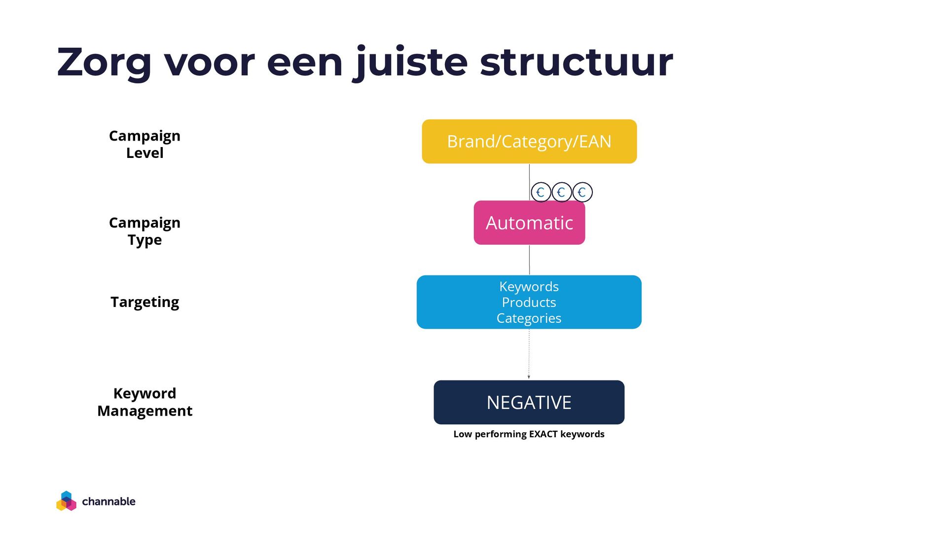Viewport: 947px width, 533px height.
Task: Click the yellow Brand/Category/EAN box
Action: (529, 142)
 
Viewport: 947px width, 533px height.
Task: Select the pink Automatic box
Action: (529, 223)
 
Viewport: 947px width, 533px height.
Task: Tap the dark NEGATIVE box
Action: (529, 402)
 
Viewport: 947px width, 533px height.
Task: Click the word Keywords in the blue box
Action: (529, 286)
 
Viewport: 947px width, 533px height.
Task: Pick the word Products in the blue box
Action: (529, 302)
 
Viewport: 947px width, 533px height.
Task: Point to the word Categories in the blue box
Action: (529, 318)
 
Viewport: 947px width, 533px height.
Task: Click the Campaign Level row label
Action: (145, 144)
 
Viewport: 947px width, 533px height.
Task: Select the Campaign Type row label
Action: (145, 231)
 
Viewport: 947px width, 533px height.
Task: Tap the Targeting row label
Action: (145, 302)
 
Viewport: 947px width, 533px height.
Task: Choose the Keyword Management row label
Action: (145, 402)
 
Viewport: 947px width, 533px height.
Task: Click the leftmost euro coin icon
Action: (541, 192)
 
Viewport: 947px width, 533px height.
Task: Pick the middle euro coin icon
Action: (562, 192)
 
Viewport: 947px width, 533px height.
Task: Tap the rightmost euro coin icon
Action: (583, 192)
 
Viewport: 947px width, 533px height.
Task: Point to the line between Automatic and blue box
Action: (529, 260)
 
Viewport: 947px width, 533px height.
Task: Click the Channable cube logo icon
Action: (66, 501)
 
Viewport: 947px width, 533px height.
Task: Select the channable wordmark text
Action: (109, 501)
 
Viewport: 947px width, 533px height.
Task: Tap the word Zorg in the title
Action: (104, 62)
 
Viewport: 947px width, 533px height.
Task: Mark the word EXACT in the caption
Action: (543, 434)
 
